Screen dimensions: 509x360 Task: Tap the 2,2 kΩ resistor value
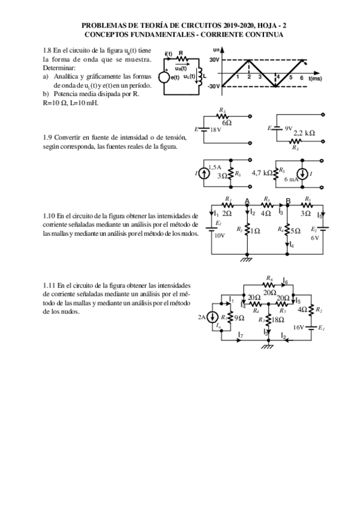(x=305, y=133)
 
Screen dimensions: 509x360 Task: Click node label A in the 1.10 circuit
(x=247, y=201)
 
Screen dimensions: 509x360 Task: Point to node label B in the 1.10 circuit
(x=289, y=201)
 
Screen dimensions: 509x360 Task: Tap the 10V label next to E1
(x=220, y=235)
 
